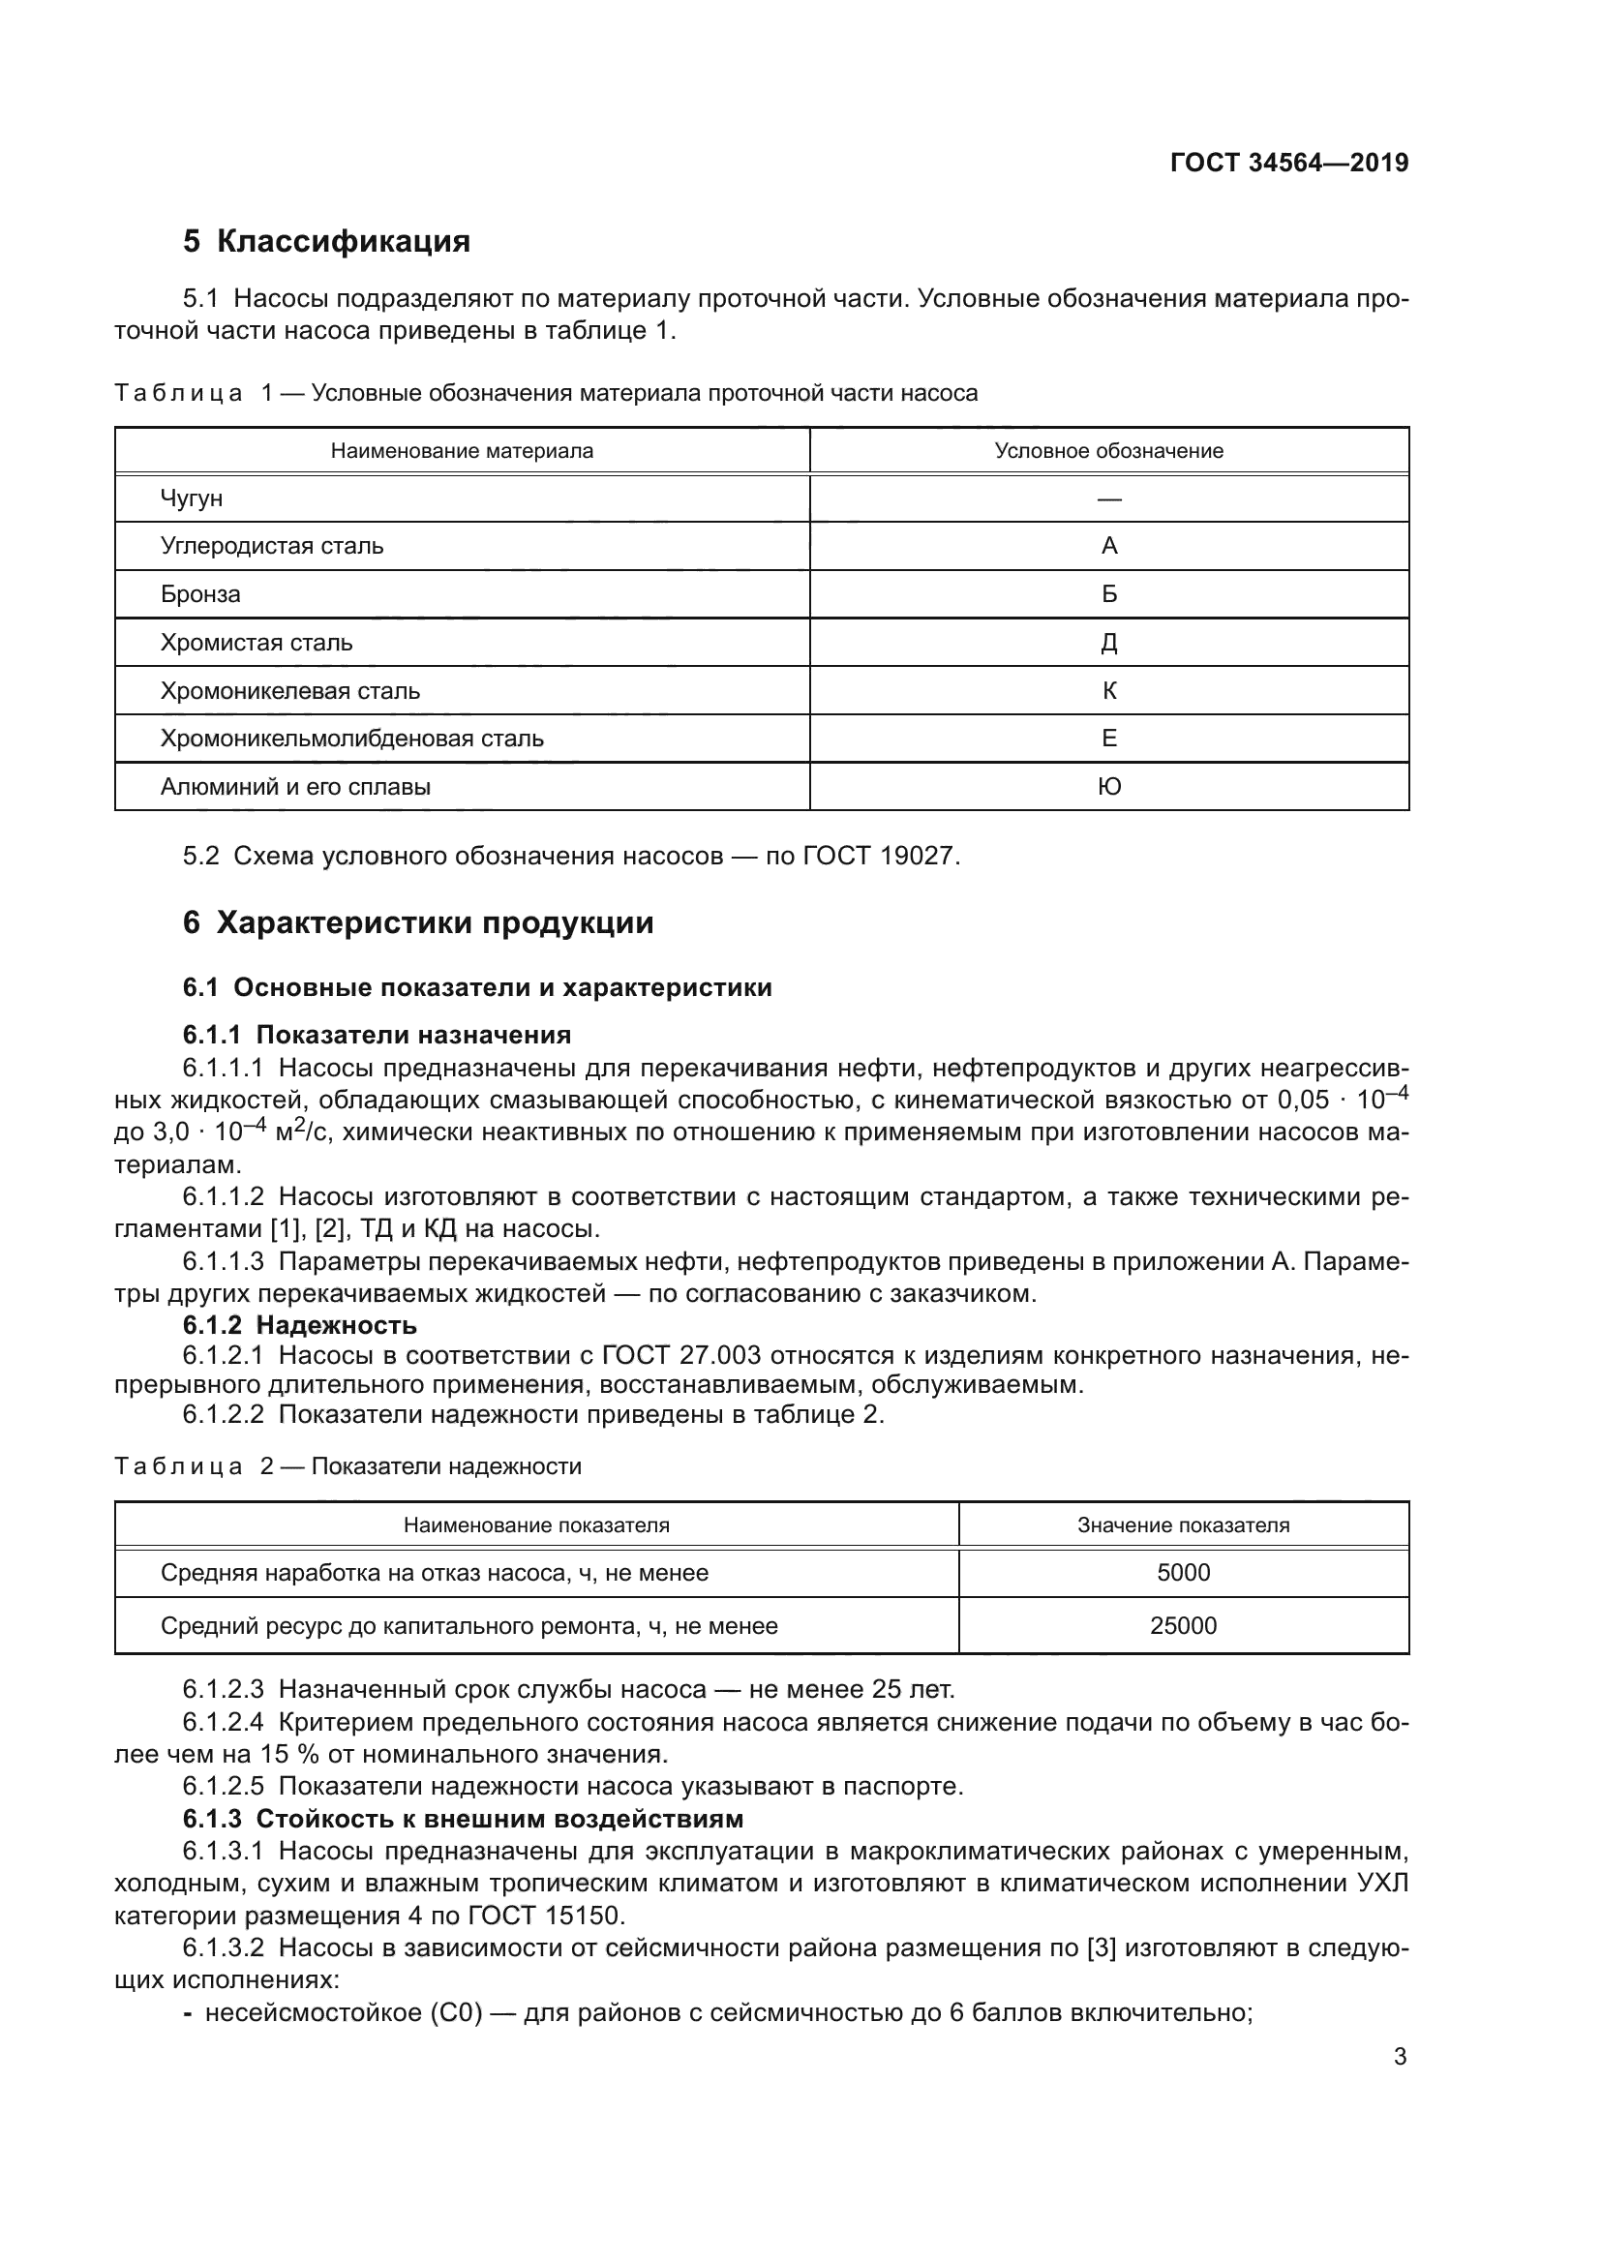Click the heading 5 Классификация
click(x=326, y=241)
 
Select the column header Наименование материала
click(x=462, y=451)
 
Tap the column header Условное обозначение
click(x=1108, y=451)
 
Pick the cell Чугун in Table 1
click(x=192, y=498)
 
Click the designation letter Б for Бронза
click(x=1108, y=594)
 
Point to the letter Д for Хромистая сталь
click(x=1108, y=643)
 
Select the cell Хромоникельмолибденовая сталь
click(x=352, y=739)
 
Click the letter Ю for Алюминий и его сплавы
click(x=1108, y=787)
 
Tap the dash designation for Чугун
click(x=1108, y=498)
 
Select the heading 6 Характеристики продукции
click(x=418, y=923)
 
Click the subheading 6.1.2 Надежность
click(x=300, y=1324)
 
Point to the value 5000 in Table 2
click(x=1182, y=1573)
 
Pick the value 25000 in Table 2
click(x=1182, y=1626)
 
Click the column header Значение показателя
click(x=1182, y=1525)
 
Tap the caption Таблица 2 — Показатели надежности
click(x=348, y=1466)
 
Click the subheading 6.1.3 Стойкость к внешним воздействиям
click(x=464, y=1819)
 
